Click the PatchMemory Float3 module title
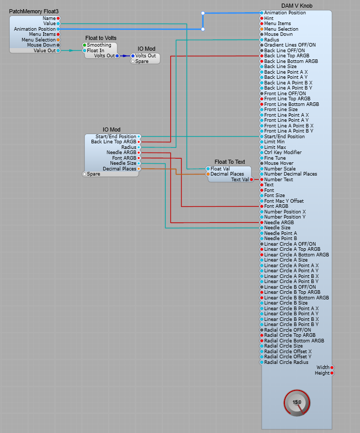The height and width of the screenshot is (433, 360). (33, 11)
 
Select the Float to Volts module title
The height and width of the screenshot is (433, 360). (101, 38)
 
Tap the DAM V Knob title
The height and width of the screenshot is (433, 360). (297, 6)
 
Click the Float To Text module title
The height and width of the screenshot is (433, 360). (230, 162)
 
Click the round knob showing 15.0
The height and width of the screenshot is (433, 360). (297, 402)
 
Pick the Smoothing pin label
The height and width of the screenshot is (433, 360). (99, 45)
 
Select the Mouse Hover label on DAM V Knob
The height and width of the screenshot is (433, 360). (279, 163)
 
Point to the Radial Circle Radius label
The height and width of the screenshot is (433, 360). (286, 362)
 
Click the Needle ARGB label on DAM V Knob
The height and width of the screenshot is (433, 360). (279, 223)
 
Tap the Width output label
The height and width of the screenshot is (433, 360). (323, 367)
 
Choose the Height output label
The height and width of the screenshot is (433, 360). (322, 373)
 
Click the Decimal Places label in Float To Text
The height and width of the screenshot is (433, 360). (227, 174)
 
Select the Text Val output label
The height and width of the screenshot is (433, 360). (240, 180)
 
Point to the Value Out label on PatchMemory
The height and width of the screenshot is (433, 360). (44, 51)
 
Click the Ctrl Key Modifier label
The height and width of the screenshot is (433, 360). (283, 153)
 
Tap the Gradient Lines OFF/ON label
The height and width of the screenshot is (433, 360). (290, 45)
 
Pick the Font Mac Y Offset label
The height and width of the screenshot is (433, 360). (284, 201)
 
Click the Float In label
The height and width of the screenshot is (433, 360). (96, 51)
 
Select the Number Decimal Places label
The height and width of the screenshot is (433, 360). (290, 174)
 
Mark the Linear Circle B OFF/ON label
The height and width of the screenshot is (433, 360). (290, 287)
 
